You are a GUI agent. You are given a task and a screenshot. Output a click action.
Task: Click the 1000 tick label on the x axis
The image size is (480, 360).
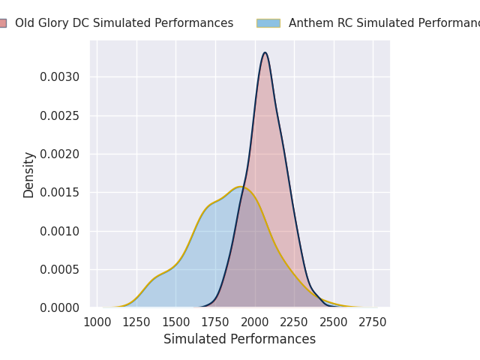[x=97, y=322]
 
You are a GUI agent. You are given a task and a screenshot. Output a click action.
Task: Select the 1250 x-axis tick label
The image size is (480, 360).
[x=136, y=322]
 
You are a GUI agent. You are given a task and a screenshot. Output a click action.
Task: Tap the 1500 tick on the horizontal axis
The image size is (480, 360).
[x=176, y=322]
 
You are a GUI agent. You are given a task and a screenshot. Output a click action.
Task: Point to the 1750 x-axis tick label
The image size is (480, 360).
[x=215, y=322]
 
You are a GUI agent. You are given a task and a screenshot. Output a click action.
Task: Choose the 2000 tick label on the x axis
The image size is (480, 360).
[x=255, y=322]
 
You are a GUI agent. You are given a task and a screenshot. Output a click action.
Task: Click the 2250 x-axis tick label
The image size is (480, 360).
[x=294, y=322]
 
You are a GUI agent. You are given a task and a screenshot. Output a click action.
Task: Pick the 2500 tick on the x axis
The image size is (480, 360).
[x=334, y=322]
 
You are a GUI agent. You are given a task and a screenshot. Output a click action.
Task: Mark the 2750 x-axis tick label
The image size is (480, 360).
[x=373, y=322]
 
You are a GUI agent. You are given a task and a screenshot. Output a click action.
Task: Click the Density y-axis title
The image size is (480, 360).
[x=29, y=175]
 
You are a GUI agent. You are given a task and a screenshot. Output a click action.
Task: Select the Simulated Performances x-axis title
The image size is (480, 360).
[x=240, y=340]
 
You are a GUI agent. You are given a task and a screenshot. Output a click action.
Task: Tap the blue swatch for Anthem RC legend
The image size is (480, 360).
[x=268, y=23]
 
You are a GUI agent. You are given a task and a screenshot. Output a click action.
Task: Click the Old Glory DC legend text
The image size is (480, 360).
[x=124, y=23]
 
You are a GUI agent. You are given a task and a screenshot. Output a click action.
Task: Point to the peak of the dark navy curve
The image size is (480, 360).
[x=265, y=52]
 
